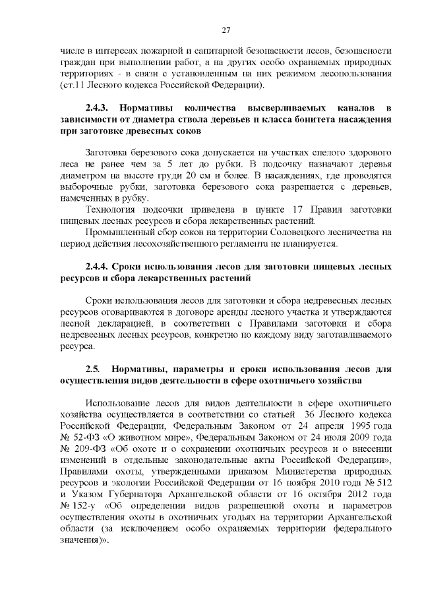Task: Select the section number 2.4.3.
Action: [x=102, y=107]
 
